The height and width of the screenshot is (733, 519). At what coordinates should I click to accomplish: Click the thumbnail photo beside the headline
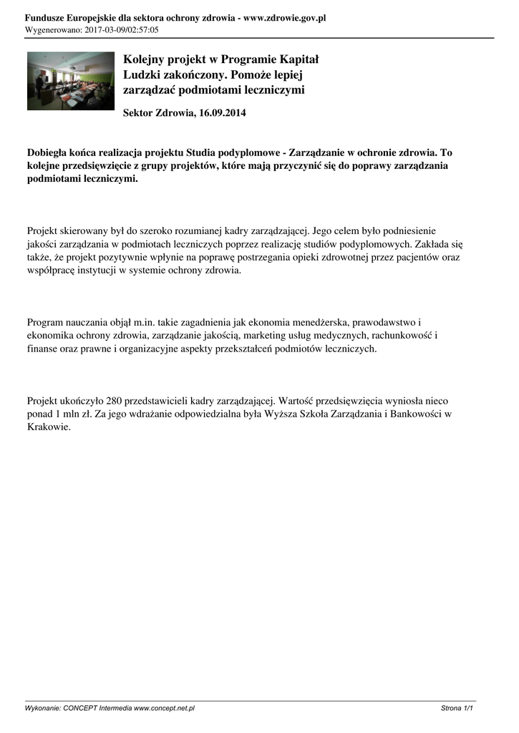tap(70, 81)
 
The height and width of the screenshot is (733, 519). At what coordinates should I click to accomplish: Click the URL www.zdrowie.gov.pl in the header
tap(285, 18)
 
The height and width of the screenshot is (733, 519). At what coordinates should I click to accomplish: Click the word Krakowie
tap(49, 427)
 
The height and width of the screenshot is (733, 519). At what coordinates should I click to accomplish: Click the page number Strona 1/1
tap(457, 708)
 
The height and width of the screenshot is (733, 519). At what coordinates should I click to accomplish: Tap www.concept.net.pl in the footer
tap(164, 708)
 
